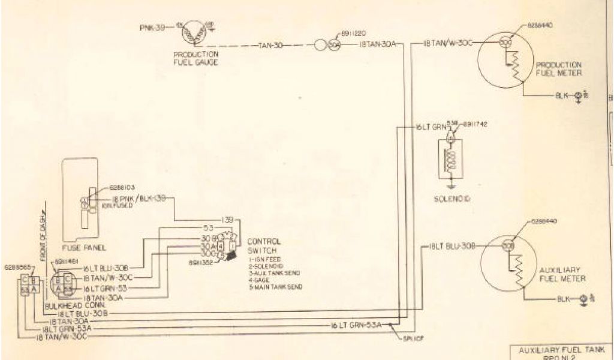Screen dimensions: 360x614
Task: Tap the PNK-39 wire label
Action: click(151, 28)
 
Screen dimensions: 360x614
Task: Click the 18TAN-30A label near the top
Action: click(378, 44)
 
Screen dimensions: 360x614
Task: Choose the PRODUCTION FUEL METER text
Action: click(558, 68)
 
